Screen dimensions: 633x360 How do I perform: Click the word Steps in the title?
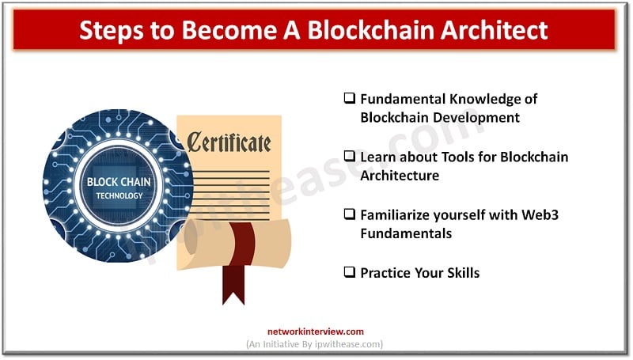click(112, 31)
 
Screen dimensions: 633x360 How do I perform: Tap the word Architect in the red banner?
click(494, 29)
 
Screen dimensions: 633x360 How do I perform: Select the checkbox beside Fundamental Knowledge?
click(349, 98)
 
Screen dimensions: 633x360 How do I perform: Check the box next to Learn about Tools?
click(349, 156)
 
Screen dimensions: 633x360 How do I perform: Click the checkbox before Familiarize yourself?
click(349, 214)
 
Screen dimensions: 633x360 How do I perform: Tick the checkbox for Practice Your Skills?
click(349, 271)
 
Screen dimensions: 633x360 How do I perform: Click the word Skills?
click(463, 273)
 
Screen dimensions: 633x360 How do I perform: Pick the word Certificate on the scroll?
click(229, 142)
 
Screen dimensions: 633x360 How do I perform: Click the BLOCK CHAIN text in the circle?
click(119, 182)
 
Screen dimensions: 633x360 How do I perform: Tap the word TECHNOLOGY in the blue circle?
click(119, 195)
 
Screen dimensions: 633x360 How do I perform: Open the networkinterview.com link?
click(316, 332)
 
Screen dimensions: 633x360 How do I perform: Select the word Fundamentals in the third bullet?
click(406, 233)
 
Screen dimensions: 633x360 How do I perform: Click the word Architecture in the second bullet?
click(400, 176)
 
